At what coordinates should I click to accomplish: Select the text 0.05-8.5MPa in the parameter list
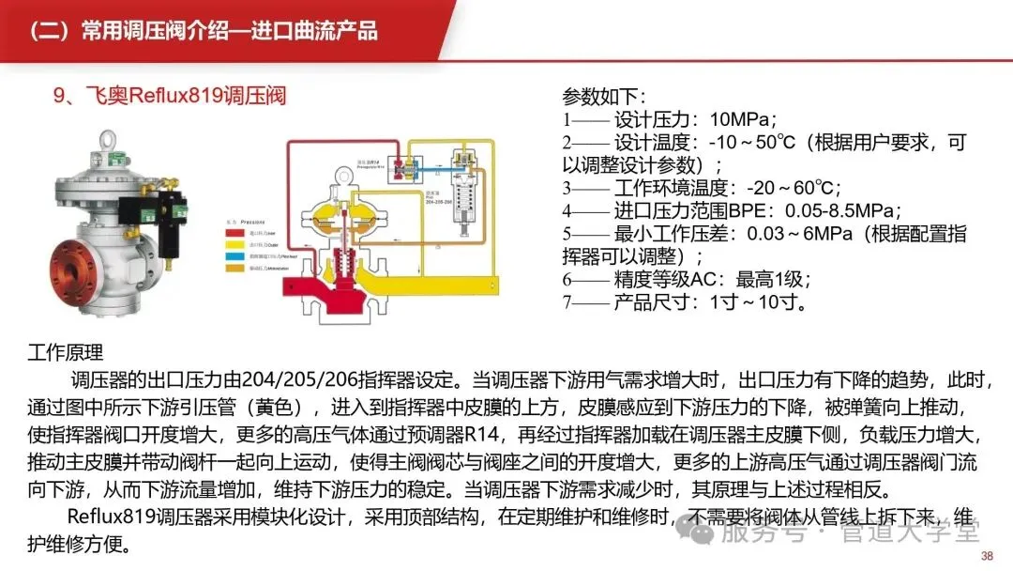tap(825, 210)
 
